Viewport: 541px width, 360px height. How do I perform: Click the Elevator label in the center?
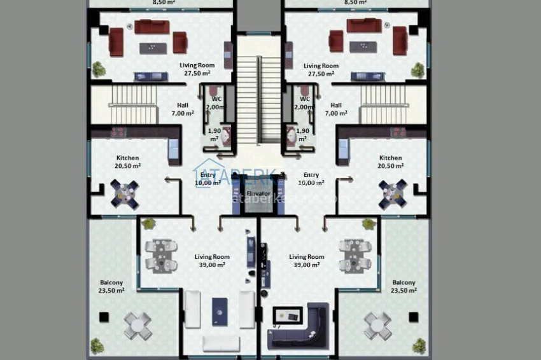point(258,193)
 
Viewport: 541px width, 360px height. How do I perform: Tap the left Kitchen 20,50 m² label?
point(127,162)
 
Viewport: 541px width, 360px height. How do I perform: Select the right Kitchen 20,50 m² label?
point(391,162)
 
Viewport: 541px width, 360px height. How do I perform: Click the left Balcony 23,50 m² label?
point(111,286)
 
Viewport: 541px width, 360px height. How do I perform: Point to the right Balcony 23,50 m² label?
point(404,286)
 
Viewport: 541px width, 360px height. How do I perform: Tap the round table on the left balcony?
point(137,326)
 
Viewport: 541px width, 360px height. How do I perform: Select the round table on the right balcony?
point(377,326)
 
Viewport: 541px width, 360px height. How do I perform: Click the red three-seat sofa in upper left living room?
point(151,27)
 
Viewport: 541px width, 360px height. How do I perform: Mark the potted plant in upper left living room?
point(99,68)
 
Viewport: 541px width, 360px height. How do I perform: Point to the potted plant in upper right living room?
point(418,69)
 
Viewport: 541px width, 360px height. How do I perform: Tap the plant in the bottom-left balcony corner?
point(97,345)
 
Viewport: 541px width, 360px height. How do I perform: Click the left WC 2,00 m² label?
point(216,103)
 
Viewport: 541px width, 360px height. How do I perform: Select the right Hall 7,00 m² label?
point(336,109)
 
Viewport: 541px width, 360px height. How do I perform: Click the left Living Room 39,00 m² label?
point(212,261)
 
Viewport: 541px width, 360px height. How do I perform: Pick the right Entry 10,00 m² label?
point(311,179)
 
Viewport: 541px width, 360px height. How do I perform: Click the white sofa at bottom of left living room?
point(221,343)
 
